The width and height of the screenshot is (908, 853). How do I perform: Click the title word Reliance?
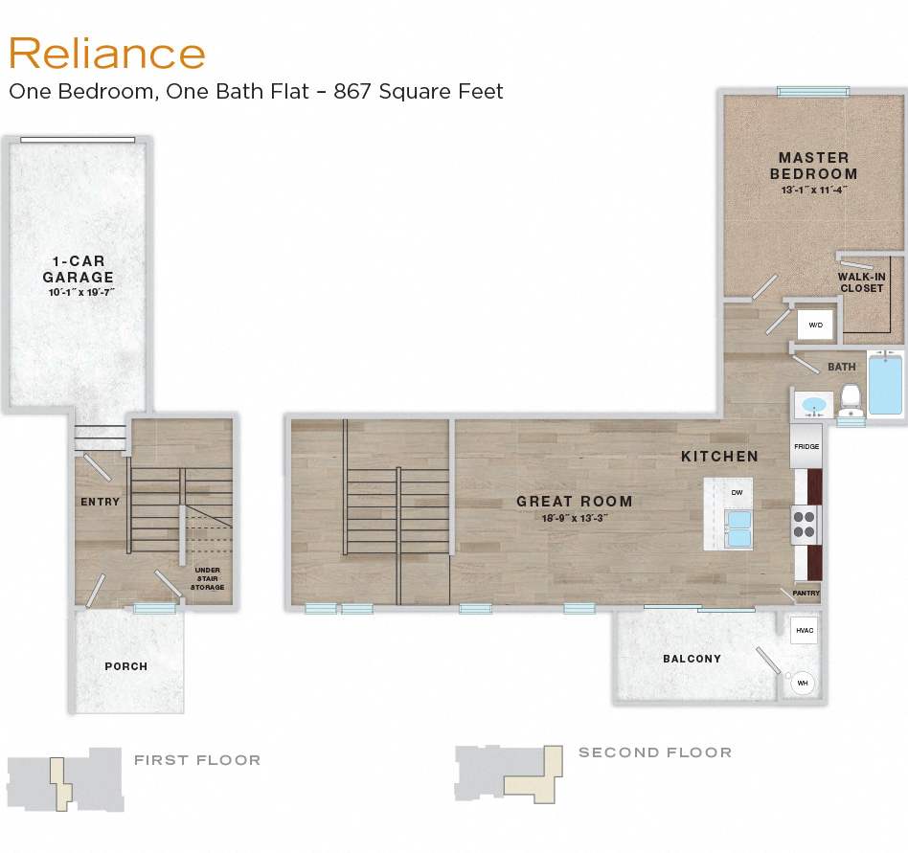pos(106,54)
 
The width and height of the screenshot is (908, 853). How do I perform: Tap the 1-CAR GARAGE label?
pos(79,269)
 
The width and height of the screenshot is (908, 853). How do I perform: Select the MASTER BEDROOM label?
pos(813,166)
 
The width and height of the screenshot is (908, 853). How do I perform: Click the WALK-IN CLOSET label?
pos(861,282)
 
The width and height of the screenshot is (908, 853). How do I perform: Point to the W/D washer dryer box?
pos(816,325)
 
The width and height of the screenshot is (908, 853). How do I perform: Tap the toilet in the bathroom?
pos(850,401)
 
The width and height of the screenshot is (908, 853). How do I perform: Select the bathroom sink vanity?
pos(813,405)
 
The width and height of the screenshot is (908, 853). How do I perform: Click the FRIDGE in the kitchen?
pos(805,447)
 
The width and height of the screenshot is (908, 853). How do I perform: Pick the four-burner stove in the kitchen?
pos(806,524)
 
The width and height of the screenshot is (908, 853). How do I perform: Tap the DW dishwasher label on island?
pos(736,492)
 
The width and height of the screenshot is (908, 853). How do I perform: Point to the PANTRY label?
pos(806,594)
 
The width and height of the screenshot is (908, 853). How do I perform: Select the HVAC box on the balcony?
pos(803,630)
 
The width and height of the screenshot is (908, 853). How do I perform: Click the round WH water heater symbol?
pos(802,684)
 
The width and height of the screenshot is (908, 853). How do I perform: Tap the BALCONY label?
pos(692,659)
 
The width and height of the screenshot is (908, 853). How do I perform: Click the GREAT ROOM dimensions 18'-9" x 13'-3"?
pos(575,518)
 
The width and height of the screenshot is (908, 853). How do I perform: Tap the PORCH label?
pos(126,666)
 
